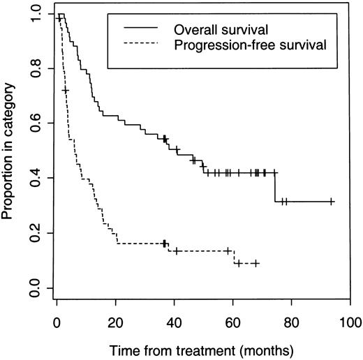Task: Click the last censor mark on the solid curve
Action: [x=332, y=202]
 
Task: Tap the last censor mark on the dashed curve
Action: [x=256, y=263]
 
